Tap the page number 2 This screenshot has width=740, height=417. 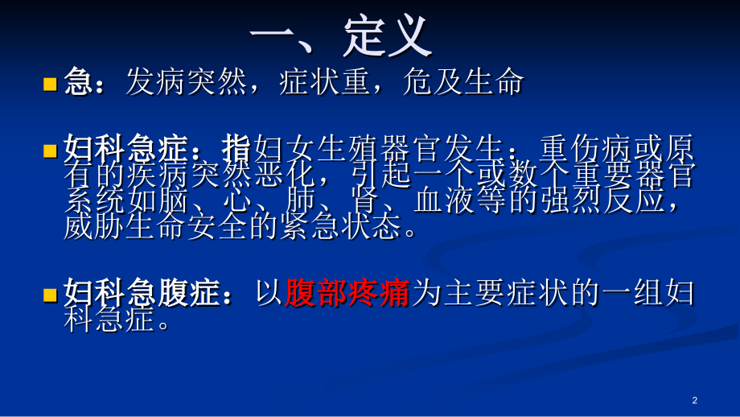(694, 400)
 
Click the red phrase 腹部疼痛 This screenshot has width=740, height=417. (347, 295)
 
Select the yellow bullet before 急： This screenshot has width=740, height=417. (50, 83)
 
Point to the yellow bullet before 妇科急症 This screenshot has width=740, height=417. (50, 151)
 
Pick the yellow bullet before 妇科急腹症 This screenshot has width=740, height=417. (50, 295)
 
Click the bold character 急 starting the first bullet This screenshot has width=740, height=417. (78, 82)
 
